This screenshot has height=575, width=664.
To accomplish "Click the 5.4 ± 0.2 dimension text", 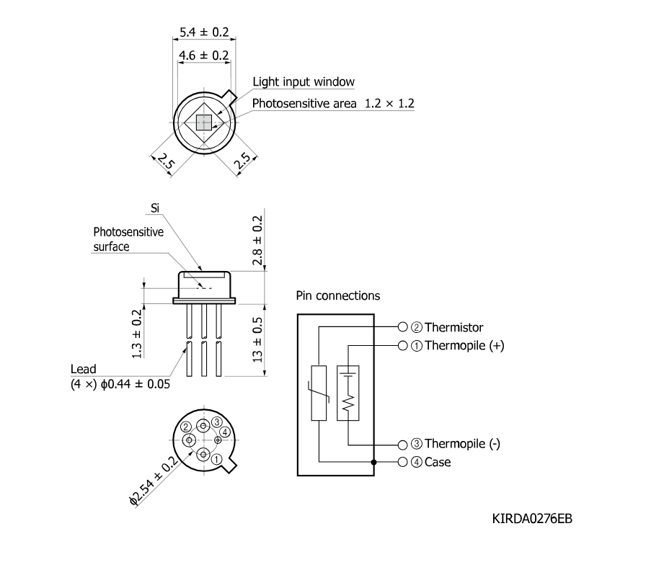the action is (204, 32).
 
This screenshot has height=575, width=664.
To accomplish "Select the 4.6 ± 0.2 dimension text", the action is (204, 55).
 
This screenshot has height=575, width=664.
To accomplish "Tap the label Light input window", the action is (304, 81).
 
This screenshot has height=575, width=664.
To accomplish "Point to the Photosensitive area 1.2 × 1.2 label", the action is (333, 103).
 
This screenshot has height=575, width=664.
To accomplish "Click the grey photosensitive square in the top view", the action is (204, 122).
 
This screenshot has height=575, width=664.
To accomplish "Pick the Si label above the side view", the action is (155, 208).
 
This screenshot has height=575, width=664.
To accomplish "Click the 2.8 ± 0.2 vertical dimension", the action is (257, 241).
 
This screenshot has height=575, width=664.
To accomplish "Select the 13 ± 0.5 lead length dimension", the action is (257, 340).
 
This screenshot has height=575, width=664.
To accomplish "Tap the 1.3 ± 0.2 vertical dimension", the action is (136, 334).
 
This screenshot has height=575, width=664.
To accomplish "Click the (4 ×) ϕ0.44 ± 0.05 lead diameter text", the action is (120, 384).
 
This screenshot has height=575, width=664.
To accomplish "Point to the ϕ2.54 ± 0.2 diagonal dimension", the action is (154, 481).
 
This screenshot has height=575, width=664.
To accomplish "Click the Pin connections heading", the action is (338, 295).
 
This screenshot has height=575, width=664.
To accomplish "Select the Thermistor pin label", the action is (454, 327).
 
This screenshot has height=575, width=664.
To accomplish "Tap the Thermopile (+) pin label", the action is (464, 346).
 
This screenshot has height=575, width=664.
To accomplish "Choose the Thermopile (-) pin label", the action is (462, 444).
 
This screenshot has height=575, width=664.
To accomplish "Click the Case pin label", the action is (438, 462).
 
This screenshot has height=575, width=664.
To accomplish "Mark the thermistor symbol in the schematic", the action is (319, 393).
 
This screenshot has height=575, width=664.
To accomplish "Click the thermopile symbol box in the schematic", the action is (348, 393).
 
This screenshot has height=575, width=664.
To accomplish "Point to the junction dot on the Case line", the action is (373, 462).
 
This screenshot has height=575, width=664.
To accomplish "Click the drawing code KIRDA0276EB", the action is (532, 519).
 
